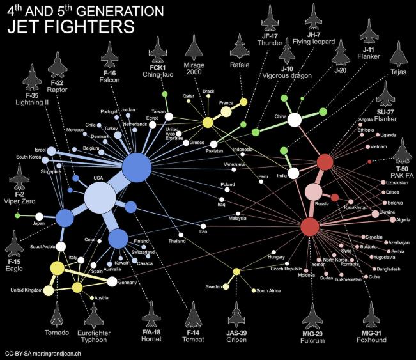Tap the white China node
(295, 120)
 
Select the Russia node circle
(314, 191)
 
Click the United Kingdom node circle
(48, 290)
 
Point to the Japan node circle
(39, 216)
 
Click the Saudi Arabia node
(61, 246)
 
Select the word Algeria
(403, 220)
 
